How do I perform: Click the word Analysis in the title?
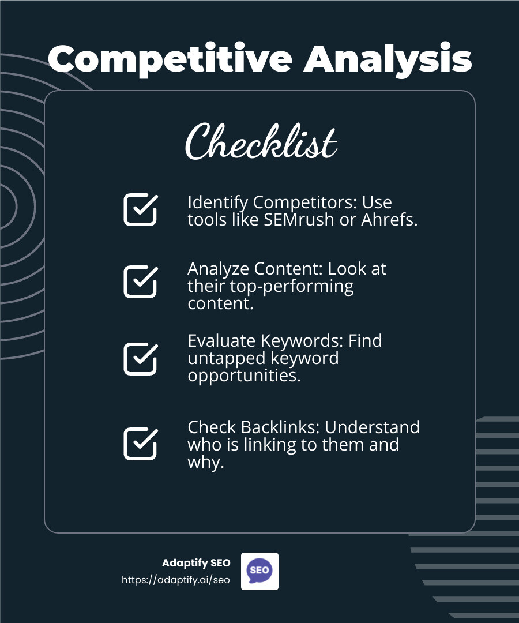pyautogui.click(x=388, y=59)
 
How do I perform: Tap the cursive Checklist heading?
pyautogui.click(x=261, y=142)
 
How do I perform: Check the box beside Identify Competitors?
pyautogui.click(x=140, y=209)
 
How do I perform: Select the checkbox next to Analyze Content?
pyautogui.click(x=140, y=282)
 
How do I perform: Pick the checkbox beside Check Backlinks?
pyautogui.click(x=140, y=444)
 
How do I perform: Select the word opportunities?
pyautogui.click(x=244, y=376)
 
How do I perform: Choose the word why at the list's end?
pyautogui.click(x=205, y=463)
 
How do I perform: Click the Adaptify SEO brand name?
pyautogui.click(x=196, y=563)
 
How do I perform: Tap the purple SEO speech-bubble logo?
pyautogui.click(x=259, y=571)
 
